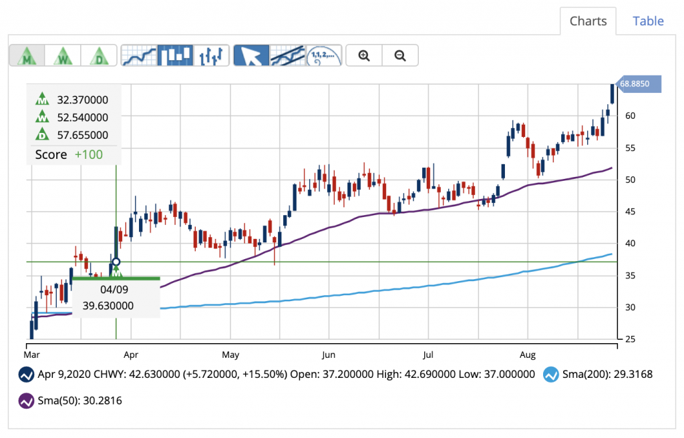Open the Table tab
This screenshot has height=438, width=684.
click(648, 21)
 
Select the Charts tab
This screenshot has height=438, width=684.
click(588, 21)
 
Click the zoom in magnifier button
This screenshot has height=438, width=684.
click(364, 55)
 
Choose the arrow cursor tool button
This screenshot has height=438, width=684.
click(251, 55)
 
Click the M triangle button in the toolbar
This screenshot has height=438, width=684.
click(27, 55)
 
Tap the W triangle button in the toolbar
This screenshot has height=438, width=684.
click(63, 55)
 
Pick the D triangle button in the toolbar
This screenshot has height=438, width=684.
click(99, 55)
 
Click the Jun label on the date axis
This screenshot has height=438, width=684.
click(328, 354)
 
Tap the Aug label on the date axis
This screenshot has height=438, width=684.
click(528, 354)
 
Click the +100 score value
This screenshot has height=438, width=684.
click(88, 154)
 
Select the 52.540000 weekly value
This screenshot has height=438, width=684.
click(83, 118)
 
